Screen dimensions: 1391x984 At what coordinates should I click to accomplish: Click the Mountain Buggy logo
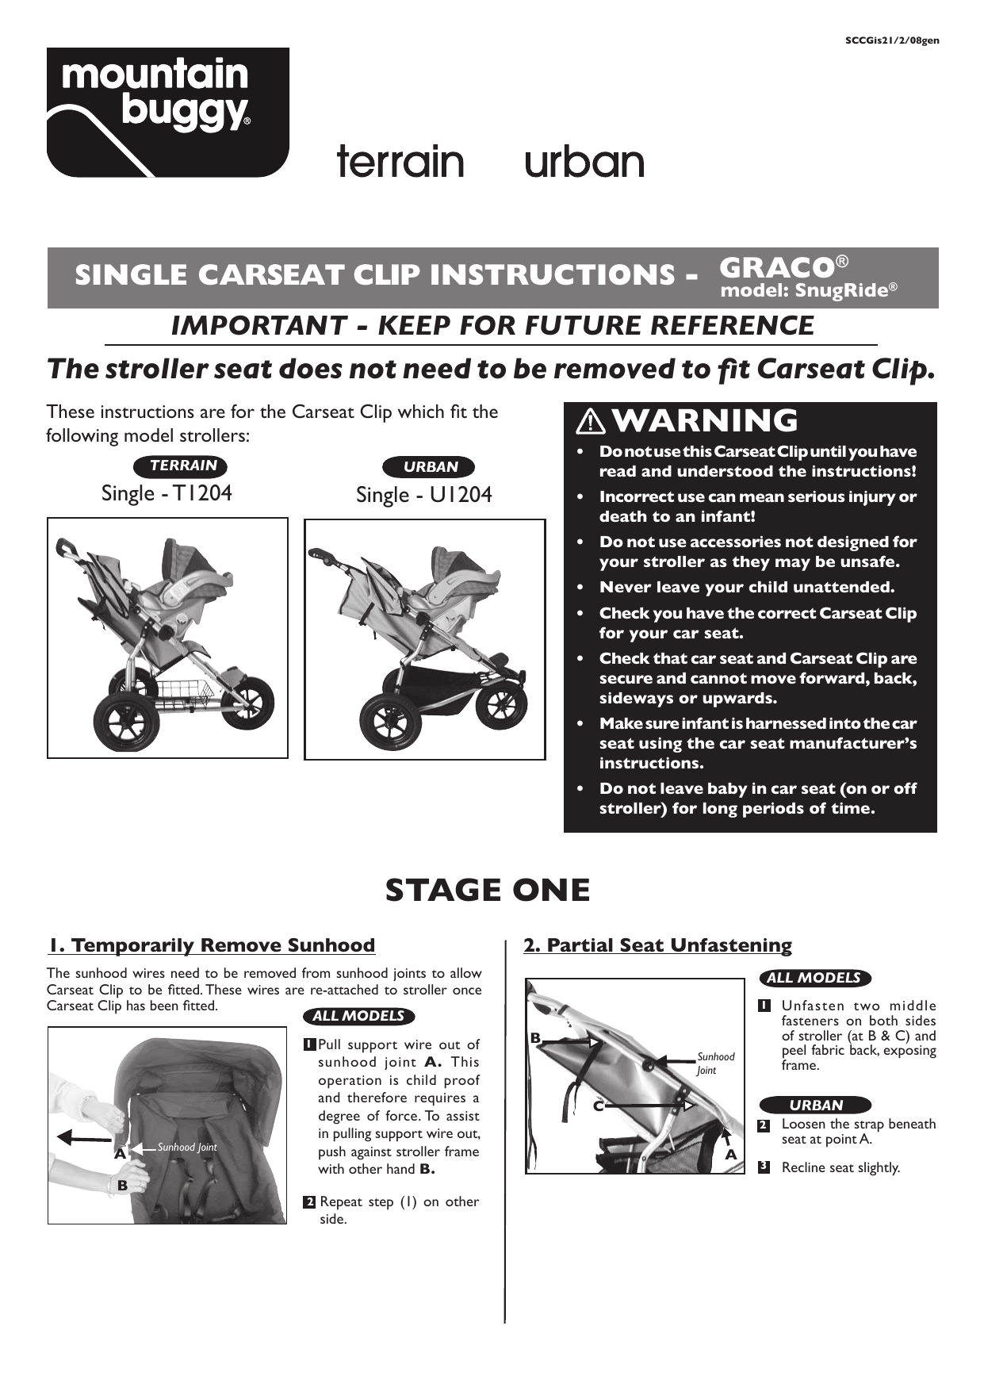point(167,112)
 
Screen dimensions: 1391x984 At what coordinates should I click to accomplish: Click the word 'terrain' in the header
point(400,162)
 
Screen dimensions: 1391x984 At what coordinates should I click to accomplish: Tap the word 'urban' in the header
point(584,162)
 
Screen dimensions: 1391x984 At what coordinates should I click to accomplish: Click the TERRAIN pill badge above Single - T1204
point(183,466)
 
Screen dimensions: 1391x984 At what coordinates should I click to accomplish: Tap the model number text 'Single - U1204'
point(423,495)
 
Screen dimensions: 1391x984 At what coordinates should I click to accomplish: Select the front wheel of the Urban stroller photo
point(502,702)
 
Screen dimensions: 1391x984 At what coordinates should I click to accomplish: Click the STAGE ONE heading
point(488,890)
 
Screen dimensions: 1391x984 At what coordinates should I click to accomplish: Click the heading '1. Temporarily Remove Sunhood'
point(212,945)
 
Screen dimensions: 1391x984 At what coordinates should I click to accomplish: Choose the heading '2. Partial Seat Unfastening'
point(657,945)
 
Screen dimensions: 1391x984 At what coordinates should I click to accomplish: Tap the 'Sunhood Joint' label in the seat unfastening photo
point(715,1063)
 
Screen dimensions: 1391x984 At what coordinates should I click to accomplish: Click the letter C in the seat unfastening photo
point(599,1106)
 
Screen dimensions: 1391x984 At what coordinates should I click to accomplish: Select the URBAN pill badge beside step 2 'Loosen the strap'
point(815,1105)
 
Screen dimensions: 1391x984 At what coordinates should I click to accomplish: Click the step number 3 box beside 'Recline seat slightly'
point(764,1167)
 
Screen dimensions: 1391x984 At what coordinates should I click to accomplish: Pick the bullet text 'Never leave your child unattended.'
point(746,587)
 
